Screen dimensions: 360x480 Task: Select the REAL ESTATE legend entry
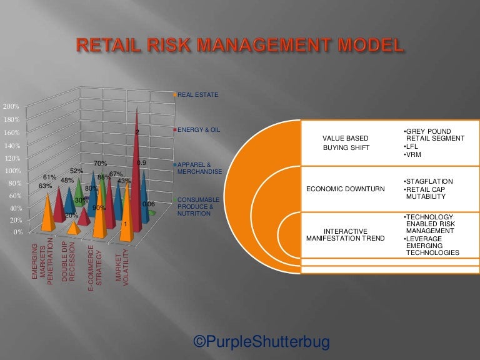point(198,95)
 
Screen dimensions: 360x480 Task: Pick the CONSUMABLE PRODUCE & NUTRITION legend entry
point(199,206)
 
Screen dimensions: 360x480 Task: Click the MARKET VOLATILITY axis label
point(122,266)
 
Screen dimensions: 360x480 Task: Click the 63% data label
point(45,186)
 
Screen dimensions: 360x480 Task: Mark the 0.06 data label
point(149,204)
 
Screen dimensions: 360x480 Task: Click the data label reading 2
point(137,132)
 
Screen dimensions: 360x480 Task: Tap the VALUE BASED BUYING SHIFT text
point(345,143)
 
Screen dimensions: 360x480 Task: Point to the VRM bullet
point(413,155)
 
